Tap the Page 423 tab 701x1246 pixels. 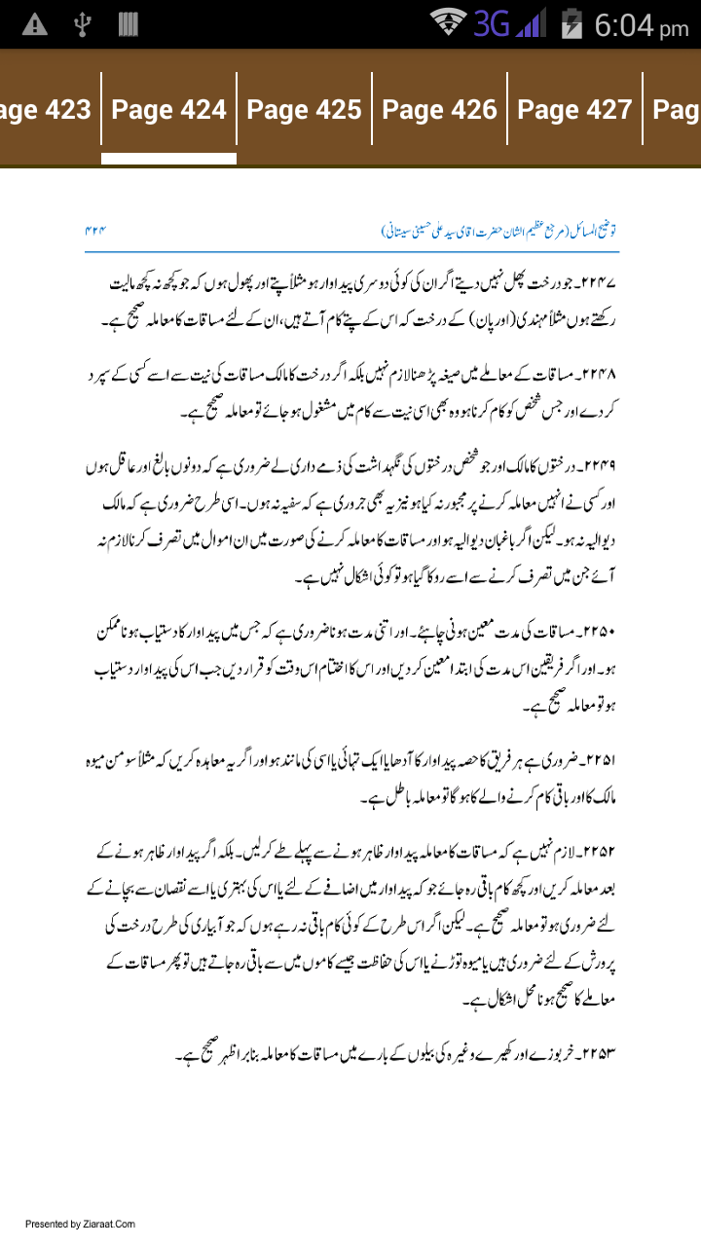pyautogui.click(x=47, y=110)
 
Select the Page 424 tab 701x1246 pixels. pyautogui.click(x=168, y=110)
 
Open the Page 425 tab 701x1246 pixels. pyautogui.click(x=304, y=110)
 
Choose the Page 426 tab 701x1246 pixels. pyautogui.click(x=439, y=110)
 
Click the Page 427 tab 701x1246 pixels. pyautogui.click(x=574, y=110)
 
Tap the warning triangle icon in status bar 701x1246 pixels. pyautogui.click(x=34, y=25)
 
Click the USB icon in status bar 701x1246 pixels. pyautogui.click(x=82, y=25)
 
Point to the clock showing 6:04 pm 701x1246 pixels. pyautogui.click(x=641, y=25)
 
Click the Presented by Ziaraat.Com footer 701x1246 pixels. pyautogui.click(x=80, y=1224)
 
